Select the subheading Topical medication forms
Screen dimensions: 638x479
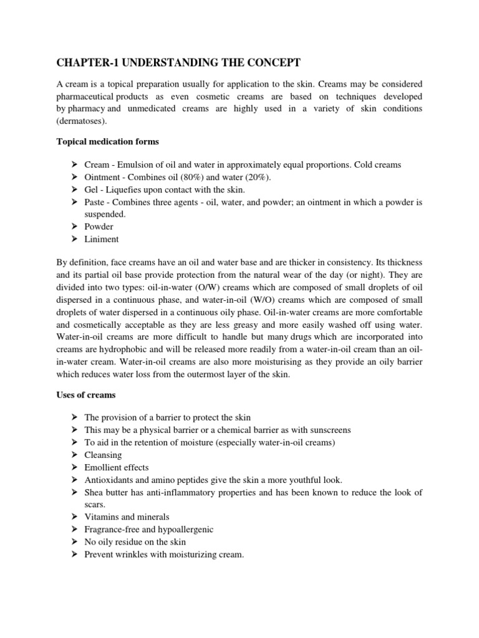(107, 142)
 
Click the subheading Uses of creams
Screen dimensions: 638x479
(86, 395)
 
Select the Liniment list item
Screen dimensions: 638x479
(101, 239)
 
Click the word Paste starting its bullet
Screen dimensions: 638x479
(95, 202)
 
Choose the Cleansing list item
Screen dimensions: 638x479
(103, 455)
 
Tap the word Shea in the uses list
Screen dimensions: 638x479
(94, 492)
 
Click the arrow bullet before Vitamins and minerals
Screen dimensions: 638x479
(73, 517)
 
